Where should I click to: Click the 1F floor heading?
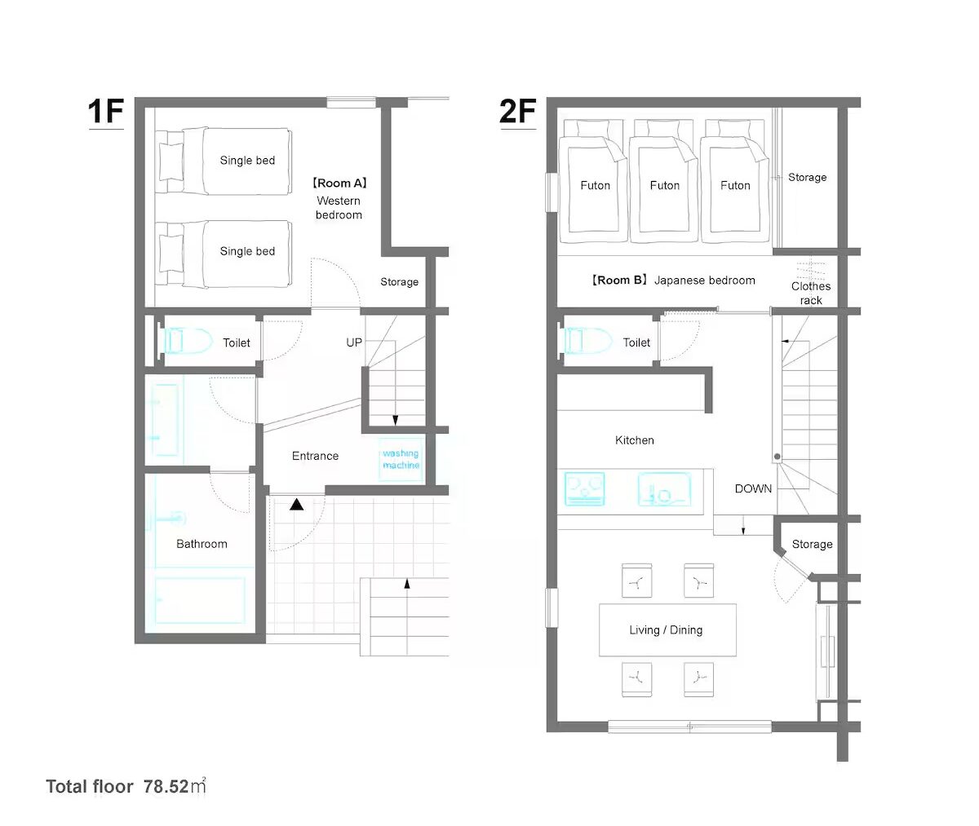pos(106,112)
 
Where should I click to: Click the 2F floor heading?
pos(517,112)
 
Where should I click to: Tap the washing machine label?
pos(401,459)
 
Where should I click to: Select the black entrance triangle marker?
pos(296,505)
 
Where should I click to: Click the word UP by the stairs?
pos(354,342)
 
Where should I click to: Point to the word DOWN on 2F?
pos(753,488)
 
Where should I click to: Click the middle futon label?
pos(665,185)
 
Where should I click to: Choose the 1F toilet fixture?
pos(186,341)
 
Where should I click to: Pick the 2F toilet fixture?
pos(587,341)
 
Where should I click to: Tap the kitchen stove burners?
pos(585,489)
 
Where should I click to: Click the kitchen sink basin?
pos(664,489)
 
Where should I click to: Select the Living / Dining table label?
pos(666,629)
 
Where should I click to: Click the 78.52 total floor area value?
pos(166,786)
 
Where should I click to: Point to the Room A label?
pos(339,183)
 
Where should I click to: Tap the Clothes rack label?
pos(811,293)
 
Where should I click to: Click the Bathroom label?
pos(202,544)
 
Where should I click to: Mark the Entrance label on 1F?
pos(315,456)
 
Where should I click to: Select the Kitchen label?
pos(635,440)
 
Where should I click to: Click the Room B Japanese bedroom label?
pos(672,280)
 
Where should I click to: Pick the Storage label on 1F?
pos(400,282)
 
